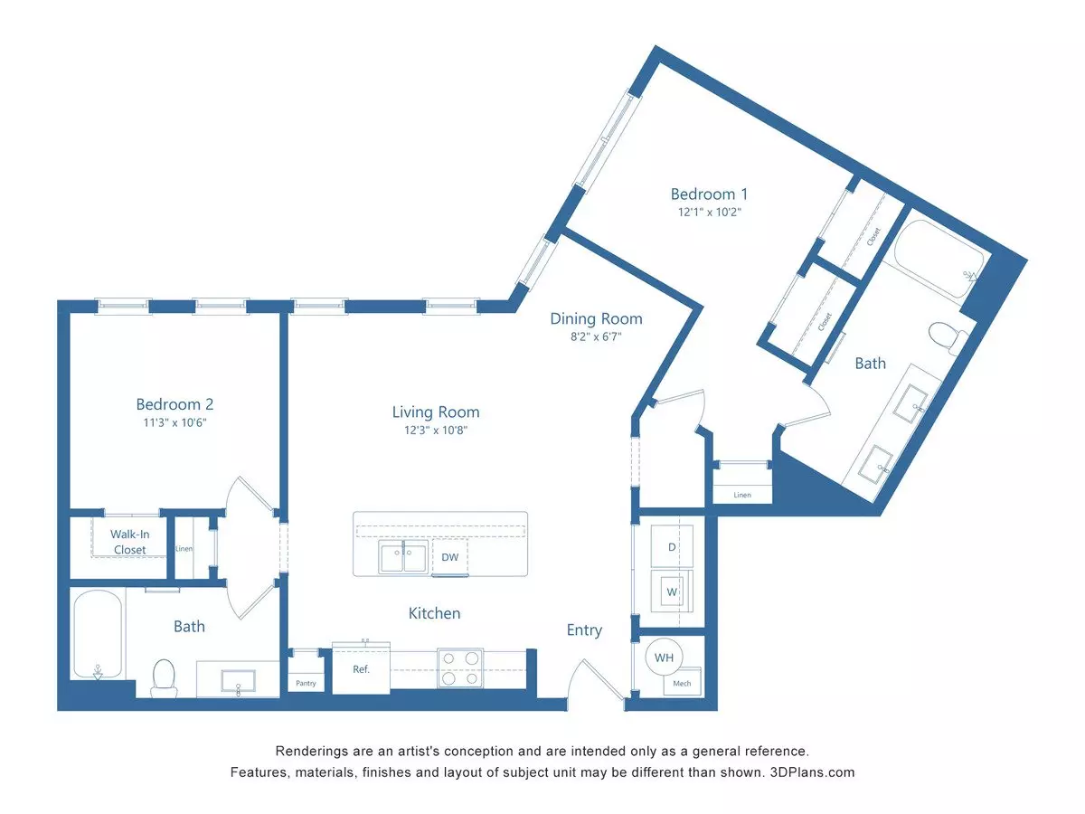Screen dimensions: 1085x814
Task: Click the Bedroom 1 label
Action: pos(709,194)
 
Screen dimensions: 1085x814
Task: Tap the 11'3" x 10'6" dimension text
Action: pos(175,422)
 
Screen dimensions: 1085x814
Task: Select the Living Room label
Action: pos(436,412)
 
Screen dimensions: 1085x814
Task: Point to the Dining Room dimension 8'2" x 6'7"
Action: pos(596,336)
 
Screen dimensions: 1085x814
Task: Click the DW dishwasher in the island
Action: pos(449,557)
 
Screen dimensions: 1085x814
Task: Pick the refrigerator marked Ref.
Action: pos(361,668)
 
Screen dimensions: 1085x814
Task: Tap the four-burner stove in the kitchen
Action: pos(460,667)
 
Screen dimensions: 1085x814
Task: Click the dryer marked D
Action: pos(671,546)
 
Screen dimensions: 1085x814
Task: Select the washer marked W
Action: pos(671,592)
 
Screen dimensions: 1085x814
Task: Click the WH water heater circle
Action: pos(664,658)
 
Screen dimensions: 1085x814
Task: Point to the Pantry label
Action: pos(306,683)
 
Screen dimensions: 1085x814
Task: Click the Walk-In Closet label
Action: pos(129,542)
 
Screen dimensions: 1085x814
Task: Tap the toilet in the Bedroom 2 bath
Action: pos(164,678)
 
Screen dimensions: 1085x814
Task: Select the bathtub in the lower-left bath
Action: pos(98,635)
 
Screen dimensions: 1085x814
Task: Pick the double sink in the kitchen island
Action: pos(403,556)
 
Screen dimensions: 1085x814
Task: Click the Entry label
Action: pos(584,630)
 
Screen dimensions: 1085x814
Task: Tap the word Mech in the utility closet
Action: pos(682,683)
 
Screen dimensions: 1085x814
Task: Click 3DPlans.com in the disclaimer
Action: pos(812,772)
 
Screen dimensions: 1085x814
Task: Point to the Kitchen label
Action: pos(435,613)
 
